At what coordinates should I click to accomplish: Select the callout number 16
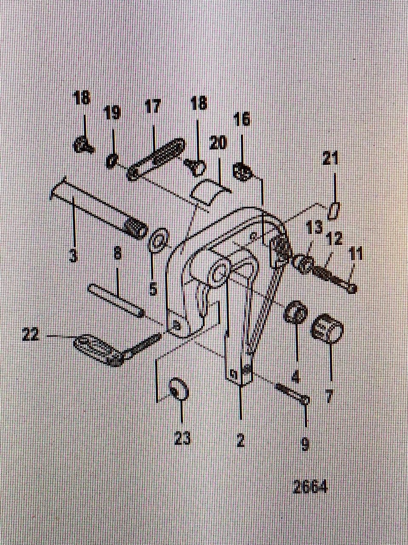[242, 120]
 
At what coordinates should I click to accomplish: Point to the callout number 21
[331, 160]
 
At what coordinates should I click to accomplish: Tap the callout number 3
[73, 256]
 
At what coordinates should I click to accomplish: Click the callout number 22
[31, 335]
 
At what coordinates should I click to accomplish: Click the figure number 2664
[310, 487]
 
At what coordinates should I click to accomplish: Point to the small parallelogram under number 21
[334, 211]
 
